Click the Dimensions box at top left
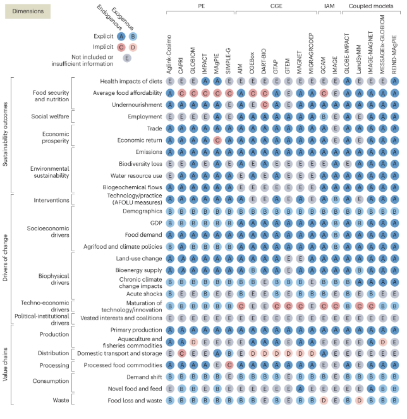pyautogui.click(x=28, y=11)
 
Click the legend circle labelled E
pyautogui.click(x=127, y=58)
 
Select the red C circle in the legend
pyautogui.click(x=121, y=47)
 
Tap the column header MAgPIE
pyautogui.click(x=216, y=63)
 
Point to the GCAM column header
pyautogui.click(x=323, y=65)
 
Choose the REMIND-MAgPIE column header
pyautogui.click(x=394, y=54)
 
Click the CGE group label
pyautogui.click(x=276, y=6)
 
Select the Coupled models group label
pyautogui.click(x=371, y=6)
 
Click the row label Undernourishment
pyautogui.click(x=137, y=105)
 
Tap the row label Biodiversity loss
pyautogui.click(x=140, y=164)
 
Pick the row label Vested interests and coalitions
pyautogui.click(x=121, y=318)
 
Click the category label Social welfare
pyautogui.click(x=50, y=116)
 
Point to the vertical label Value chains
pyautogui.click(x=5, y=364)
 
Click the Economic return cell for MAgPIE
pyautogui.click(x=217, y=141)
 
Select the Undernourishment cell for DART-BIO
pyautogui.click(x=265, y=105)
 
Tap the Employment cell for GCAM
pyautogui.click(x=324, y=116)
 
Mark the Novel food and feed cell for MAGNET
pyautogui.click(x=300, y=389)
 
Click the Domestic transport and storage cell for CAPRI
pyautogui.click(x=182, y=353)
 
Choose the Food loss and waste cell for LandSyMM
pyautogui.click(x=360, y=401)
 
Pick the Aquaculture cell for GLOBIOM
pyautogui.click(x=193, y=342)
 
